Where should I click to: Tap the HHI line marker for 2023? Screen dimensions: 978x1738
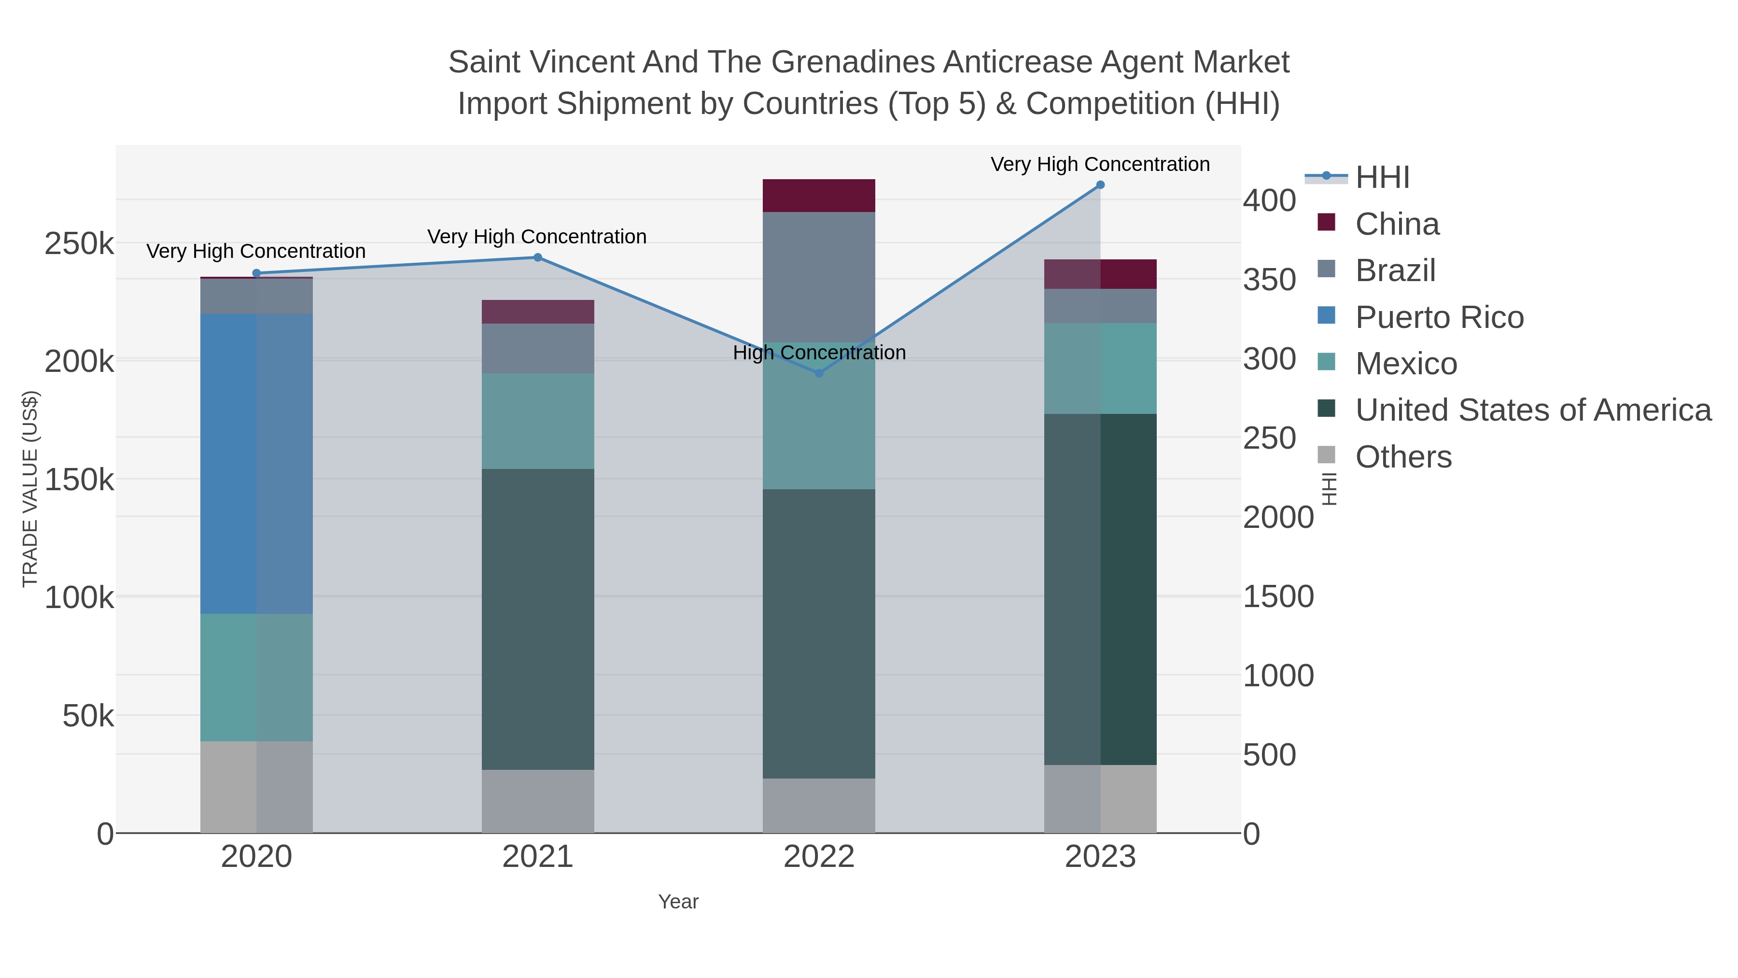pyautogui.click(x=1100, y=185)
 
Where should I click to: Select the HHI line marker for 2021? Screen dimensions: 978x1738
pyautogui.click(x=538, y=257)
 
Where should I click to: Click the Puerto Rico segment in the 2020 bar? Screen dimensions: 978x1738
pyautogui.click(x=256, y=464)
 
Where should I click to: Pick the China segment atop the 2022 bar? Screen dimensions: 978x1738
pyautogui.click(x=819, y=196)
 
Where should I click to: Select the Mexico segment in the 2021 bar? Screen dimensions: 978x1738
pyautogui.click(x=538, y=421)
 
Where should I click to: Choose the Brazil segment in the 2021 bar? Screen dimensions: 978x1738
pyautogui.click(x=538, y=348)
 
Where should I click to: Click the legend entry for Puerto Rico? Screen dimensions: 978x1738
pyautogui.click(x=1439, y=317)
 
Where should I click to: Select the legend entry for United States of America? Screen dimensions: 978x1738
pyautogui.click(x=1533, y=411)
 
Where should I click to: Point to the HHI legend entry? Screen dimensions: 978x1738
pyautogui.click(x=1383, y=178)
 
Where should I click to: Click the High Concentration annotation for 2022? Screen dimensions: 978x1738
pyautogui.click(x=819, y=353)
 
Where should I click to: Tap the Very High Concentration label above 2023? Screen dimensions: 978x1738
pyautogui.click(x=1100, y=165)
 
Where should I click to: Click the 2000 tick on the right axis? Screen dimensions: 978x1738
pyautogui.click(x=1278, y=518)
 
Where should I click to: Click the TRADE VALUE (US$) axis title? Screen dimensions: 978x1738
pyautogui.click(x=30, y=489)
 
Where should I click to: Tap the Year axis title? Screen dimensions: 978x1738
pyautogui.click(x=678, y=902)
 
